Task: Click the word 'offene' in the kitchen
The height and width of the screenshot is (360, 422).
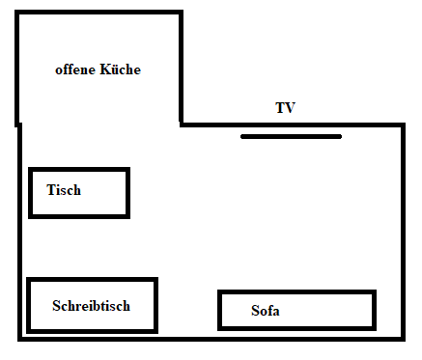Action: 75,69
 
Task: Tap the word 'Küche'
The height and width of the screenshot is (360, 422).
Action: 121,69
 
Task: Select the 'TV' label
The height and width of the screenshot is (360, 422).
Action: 285,108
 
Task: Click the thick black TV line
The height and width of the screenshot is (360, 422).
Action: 291,136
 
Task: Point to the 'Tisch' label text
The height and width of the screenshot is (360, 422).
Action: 64,190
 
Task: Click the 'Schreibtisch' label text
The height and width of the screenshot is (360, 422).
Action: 91,306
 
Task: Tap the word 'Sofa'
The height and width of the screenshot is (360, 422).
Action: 266,311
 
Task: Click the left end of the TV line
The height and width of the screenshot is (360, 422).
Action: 243,136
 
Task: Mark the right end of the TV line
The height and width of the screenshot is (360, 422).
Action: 339,136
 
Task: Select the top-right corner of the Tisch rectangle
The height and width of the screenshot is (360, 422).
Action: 127,171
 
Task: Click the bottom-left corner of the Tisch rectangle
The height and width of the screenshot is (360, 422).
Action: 31,215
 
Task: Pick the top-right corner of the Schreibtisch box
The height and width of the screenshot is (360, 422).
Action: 155,280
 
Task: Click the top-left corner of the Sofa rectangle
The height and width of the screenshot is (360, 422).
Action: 220,292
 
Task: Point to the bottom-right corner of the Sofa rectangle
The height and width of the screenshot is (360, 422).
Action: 373,327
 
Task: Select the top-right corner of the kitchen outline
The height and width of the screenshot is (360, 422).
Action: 181,13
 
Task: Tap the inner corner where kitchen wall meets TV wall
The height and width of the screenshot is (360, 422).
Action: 181,125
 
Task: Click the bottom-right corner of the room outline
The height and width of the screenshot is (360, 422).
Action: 403,338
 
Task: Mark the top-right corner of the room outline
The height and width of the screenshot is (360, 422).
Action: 403,125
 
